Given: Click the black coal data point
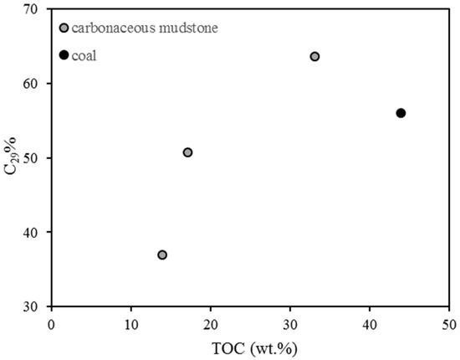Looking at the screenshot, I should [x=401, y=113].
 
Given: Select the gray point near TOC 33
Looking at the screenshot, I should [x=314, y=56].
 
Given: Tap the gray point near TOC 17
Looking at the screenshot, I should [x=187, y=152].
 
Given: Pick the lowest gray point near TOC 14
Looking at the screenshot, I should [x=162, y=255].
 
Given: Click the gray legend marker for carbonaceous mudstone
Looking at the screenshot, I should [x=64, y=28].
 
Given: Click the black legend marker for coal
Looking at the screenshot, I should [x=64, y=55].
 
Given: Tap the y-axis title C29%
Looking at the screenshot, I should [x=15, y=157].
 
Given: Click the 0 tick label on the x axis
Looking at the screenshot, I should [x=52, y=323].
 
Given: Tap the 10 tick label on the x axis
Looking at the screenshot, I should [x=131, y=323].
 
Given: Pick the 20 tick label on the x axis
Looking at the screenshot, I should [x=211, y=323].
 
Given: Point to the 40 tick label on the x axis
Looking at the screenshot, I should [x=370, y=323].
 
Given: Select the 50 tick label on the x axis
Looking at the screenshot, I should [x=448, y=323].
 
